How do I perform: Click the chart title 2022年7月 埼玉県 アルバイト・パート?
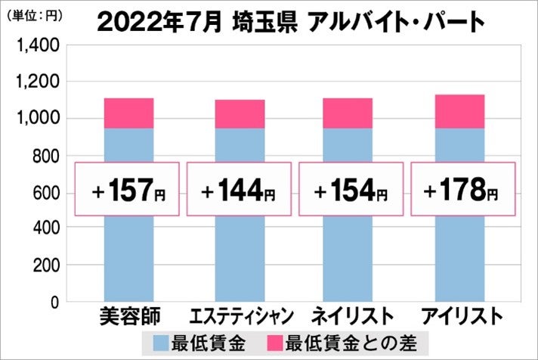(291, 21)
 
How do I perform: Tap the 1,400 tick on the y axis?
(37, 46)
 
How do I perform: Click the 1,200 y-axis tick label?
(37, 82)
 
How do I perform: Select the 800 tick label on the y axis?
(44, 156)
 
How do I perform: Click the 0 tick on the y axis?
(54, 302)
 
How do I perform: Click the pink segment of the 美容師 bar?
(128, 113)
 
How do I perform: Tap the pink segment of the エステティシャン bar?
(240, 114)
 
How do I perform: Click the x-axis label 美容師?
(128, 315)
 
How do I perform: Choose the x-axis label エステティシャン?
(239, 315)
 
